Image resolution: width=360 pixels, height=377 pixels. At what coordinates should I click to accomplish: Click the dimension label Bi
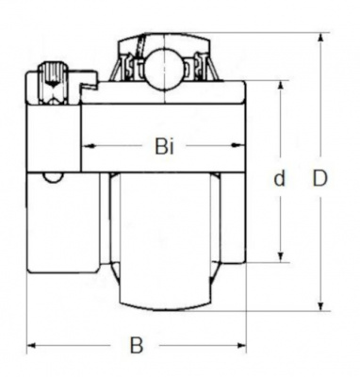pyautogui.click(x=164, y=146)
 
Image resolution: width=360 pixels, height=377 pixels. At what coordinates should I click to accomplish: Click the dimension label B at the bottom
pyautogui.click(x=137, y=345)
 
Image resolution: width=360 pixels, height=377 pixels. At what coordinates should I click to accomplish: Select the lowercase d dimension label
pyautogui.click(x=279, y=178)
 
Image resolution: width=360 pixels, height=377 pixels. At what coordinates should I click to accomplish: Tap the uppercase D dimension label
pyautogui.click(x=320, y=178)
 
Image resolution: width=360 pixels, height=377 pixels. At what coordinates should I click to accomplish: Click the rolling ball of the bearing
pyautogui.click(x=164, y=66)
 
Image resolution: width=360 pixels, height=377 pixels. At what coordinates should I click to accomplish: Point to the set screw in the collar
pyautogui.click(x=53, y=83)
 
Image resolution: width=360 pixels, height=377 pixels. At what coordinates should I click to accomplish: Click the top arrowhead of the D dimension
pyautogui.click(x=320, y=38)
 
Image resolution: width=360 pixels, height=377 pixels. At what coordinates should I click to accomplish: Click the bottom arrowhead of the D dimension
pyautogui.click(x=320, y=305)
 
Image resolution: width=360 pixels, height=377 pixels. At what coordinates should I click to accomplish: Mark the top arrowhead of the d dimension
pyautogui.click(x=281, y=86)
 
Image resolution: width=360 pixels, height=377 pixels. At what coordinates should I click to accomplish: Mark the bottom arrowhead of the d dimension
pyautogui.click(x=281, y=257)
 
